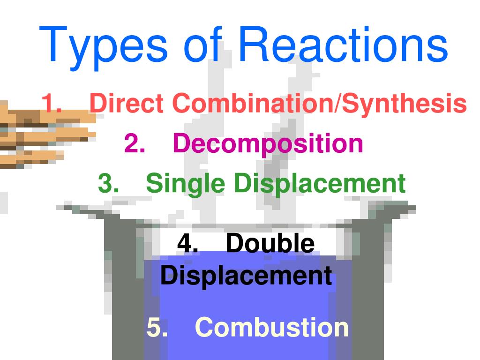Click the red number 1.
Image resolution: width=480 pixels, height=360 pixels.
pyautogui.click(x=51, y=103)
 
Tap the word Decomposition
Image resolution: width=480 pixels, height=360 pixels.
pyautogui.click(x=268, y=144)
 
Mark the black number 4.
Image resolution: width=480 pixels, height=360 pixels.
pyautogui.click(x=186, y=244)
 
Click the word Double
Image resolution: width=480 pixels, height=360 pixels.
pyautogui.click(x=270, y=244)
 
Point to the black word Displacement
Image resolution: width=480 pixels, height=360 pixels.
pyautogui.click(x=246, y=276)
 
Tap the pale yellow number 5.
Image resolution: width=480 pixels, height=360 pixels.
pyautogui.click(x=157, y=327)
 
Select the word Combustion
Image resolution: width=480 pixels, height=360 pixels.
pyautogui.click(x=272, y=327)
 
